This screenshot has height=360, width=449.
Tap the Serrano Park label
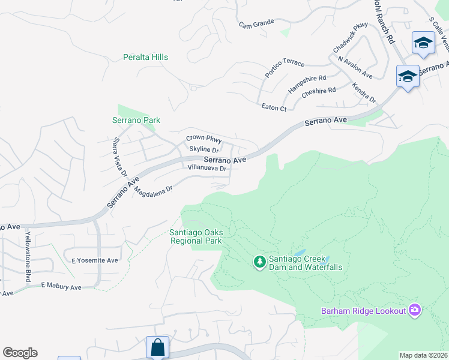tap(136, 120)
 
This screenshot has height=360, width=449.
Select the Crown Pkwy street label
tap(203, 139)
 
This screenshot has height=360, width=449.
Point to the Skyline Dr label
tap(203, 149)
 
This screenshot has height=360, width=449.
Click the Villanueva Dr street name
tap(206, 169)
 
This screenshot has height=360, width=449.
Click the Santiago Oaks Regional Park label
tap(196, 236)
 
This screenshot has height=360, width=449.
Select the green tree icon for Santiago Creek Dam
tap(259, 262)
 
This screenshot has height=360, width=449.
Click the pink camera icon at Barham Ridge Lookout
tap(414, 310)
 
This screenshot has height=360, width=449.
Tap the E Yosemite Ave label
tap(95, 260)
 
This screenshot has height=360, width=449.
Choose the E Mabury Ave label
tap(61, 287)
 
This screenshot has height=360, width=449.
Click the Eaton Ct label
tap(274, 107)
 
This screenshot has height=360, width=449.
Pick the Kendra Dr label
tap(364, 92)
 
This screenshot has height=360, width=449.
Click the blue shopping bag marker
tap(157, 347)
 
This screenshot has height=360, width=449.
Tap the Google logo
tap(20, 353)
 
